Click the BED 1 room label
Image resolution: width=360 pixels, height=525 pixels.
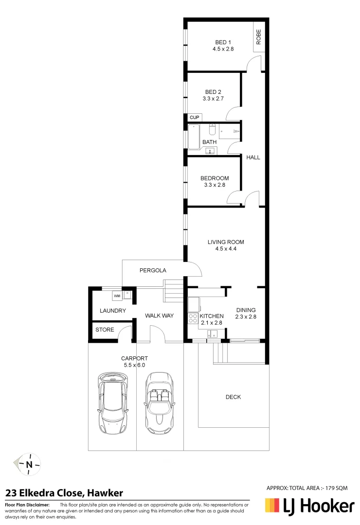point(223,42)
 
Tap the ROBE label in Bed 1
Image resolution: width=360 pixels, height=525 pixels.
point(259,37)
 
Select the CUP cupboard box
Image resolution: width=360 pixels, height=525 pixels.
point(195,118)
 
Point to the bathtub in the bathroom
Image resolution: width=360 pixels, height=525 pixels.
point(194,137)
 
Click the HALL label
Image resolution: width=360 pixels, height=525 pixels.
point(253,157)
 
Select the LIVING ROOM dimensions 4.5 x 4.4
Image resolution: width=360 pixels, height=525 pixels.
point(226,249)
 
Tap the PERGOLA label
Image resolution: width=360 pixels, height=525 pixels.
point(153,270)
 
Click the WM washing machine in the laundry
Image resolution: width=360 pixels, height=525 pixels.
point(117,296)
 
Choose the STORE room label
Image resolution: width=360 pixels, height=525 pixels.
point(105,330)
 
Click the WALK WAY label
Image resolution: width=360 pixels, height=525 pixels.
point(159,315)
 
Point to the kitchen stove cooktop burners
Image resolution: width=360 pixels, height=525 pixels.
point(192,318)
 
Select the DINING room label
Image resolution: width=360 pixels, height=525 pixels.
point(246,310)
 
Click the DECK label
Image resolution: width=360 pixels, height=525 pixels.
point(233,397)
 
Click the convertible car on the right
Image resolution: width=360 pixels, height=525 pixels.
point(159,403)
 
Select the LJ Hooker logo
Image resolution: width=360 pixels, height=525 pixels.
point(309,507)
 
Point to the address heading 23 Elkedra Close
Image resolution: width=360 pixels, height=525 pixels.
point(64,493)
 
